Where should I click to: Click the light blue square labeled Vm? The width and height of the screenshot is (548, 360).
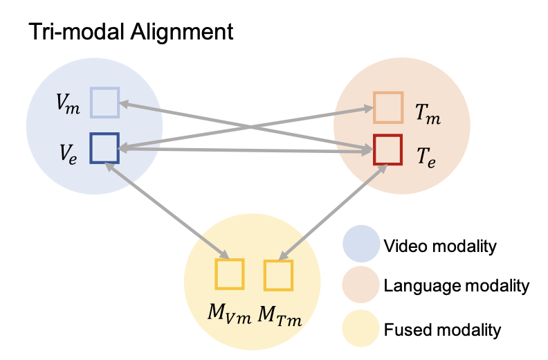click(x=105, y=103)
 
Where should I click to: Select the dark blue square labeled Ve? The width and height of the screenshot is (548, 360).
click(x=105, y=148)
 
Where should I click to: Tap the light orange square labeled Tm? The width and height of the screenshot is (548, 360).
click(x=387, y=107)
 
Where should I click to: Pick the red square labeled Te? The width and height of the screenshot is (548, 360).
click(x=387, y=150)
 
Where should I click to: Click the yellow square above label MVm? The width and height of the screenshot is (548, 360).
click(x=230, y=274)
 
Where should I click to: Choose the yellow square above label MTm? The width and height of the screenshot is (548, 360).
click(x=278, y=276)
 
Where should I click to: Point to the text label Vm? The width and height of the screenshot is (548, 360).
click(x=67, y=105)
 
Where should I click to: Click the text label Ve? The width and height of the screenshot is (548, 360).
click(x=68, y=151)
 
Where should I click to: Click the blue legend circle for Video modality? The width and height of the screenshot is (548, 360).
click(x=360, y=245)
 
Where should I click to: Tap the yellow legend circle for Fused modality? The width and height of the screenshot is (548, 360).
click(x=360, y=328)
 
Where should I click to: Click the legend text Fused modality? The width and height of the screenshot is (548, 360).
click(x=441, y=328)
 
